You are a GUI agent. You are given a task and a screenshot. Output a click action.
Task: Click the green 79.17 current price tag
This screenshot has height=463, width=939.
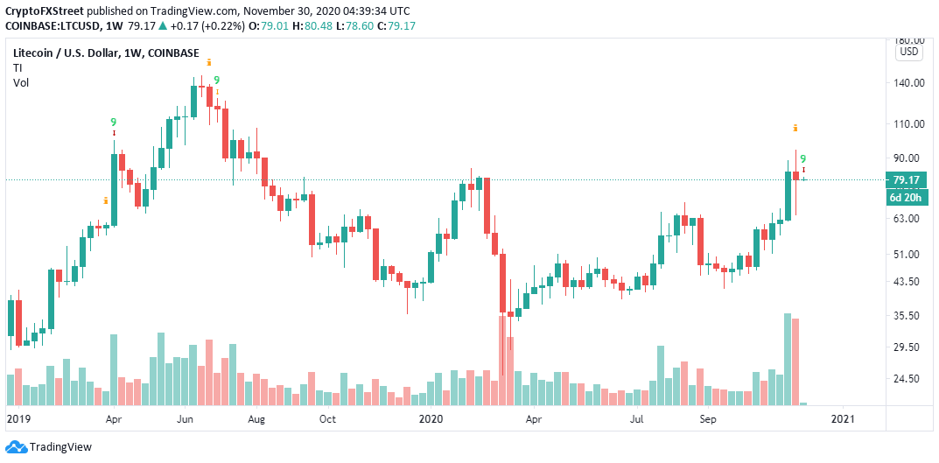[x=906, y=180]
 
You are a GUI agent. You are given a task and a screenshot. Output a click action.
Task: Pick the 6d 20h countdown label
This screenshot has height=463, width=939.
[x=906, y=197]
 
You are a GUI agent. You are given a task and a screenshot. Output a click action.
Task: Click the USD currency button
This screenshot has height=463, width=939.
[x=909, y=52]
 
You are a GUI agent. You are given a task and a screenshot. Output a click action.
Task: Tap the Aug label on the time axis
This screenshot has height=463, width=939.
[x=256, y=419]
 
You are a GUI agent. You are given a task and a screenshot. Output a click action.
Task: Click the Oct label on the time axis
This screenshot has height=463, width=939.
[x=327, y=419]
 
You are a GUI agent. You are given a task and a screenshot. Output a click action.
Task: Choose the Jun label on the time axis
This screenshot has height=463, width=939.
[x=186, y=419]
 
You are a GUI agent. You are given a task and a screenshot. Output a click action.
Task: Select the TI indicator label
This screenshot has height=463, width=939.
[x=18, y=67]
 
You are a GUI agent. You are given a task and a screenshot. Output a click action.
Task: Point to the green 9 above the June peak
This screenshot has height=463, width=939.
[x=216, y=81]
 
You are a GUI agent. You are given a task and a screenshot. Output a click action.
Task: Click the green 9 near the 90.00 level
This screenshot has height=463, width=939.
[x=803, y=158]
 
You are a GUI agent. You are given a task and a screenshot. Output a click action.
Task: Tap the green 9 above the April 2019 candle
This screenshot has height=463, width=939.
[x=113, y=123]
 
